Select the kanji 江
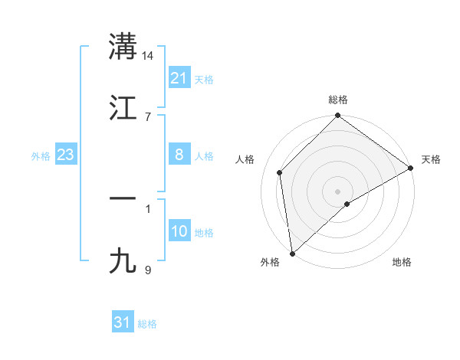click(123, 106)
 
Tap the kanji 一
click(123, 198)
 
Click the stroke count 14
click(148, 56)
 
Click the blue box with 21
click(179, 78)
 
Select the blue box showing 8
click(179, 155)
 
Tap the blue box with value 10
click(179, 231)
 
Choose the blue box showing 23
click(66, 155)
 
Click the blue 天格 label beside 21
click(204, 79)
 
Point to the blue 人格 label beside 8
click(204, 155)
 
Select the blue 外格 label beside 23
click(41, 155)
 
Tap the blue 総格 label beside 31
click(147, 323)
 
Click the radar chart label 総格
click(338, 100)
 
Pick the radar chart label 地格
click(402, 262)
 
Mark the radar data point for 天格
click(411, 169)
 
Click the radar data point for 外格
click(292, 253)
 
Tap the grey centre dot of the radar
click(338, 191)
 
